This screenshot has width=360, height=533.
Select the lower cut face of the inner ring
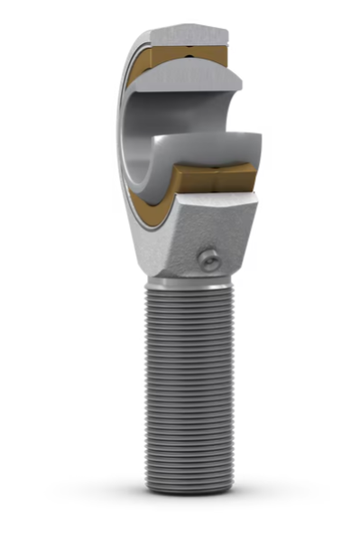[213, 145]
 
